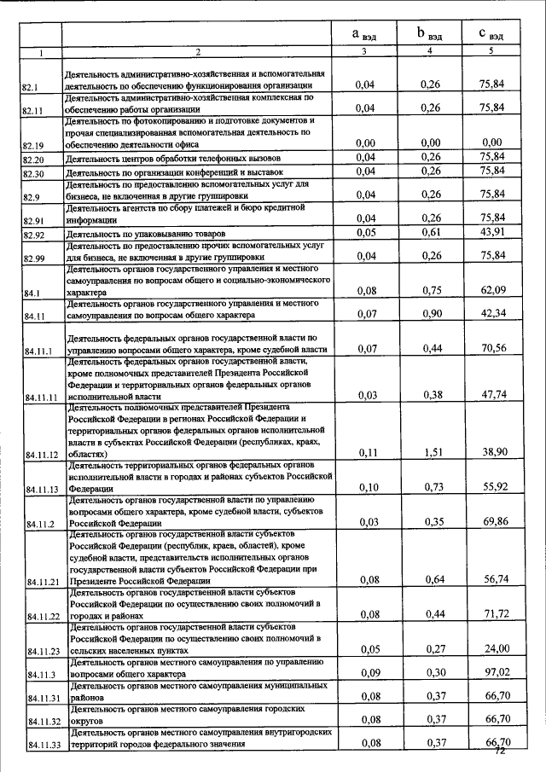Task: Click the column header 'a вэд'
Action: pyautogui.click(x=364, y=35)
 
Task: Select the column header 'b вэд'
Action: pyautogui.click(x=429, y=35)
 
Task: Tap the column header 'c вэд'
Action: pyautogui.click(x=491, y=35)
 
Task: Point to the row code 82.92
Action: pyautogui.click(x=33, y=234)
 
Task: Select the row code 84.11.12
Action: pyautogui.click(x=41, y=455)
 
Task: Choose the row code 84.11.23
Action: pyautogui.click(x=41, y=650)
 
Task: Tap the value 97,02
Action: pyautogui.click(x=491, y=672)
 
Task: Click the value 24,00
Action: pyautogui.click(x=491, y=648)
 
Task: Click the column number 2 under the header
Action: pyautogui.click(x=196, y=53)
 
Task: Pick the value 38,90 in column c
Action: pyautogui.click(x=491, y=453)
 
